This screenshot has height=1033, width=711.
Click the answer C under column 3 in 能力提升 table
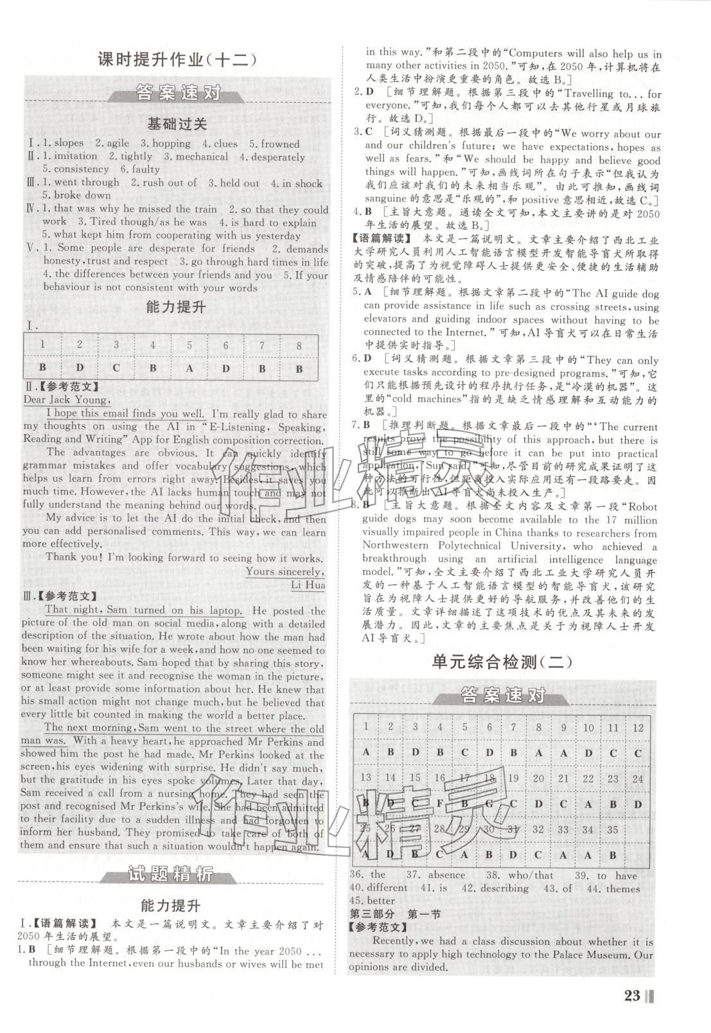pos(116,368)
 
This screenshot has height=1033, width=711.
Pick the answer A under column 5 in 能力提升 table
pos(189,368)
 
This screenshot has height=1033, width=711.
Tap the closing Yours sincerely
pos(285,571)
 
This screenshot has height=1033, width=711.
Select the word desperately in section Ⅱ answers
pos(278,157)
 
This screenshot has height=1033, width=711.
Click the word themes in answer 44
pos(622,888)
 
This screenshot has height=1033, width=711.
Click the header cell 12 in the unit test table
pos(637,728)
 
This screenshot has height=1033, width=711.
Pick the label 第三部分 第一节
pos(394,914)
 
